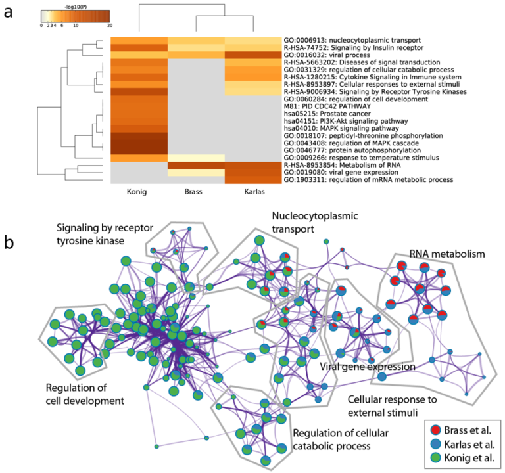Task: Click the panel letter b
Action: tap(9, 242)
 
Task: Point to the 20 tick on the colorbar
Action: tap(108, 25)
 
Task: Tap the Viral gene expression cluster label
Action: tap(366, 366)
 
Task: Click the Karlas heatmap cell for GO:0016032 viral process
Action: tap(252, 55)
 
